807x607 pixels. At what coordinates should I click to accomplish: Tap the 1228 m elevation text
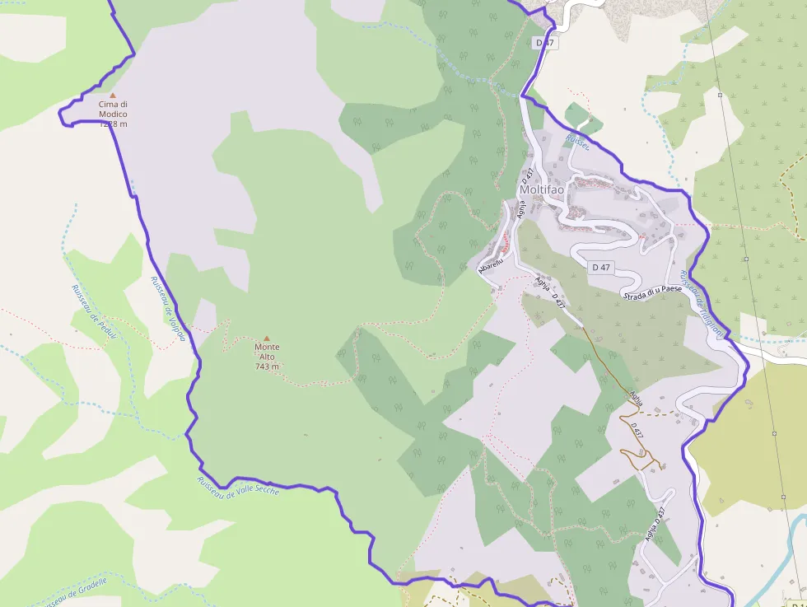pyautogui.click(x=113, y=124)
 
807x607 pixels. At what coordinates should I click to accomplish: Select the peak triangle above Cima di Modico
pyautogui.click(x=113, y=96)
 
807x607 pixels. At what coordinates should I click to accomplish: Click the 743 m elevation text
pyautogui.click(x=266, y=367)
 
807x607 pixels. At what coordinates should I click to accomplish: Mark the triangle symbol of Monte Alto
pyautogui.click(x=266, y=338)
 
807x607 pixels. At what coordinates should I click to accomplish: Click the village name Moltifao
pyautogui.click(x=542, y=189)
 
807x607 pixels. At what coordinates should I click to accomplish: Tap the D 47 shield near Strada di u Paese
pyautogui.click(x=601, y=268)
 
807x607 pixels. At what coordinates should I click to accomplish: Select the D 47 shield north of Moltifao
pyautogui.click(x=543, y=42)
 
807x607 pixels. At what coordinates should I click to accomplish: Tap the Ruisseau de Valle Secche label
pyautogui.click(x=238, y=486)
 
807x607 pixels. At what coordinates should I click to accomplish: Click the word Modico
pyautogui.click(x=113, y=114)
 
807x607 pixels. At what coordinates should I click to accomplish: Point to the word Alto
pyautogui.click(x=266, y=357)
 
